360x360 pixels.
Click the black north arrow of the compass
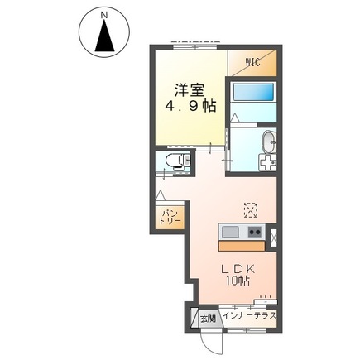tap(103, 38)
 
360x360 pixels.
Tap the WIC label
tap(253, 61)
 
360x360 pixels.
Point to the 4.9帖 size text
tap(188, 107)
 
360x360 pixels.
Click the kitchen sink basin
tap(230, 231)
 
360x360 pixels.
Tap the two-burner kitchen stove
tap(254, 231)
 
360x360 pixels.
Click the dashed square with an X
tap(250, 207)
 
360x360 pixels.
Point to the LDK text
tap(235, 268)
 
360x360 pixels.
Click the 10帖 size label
tap(235, 282)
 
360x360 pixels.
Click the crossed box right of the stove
tap(275, 233)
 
